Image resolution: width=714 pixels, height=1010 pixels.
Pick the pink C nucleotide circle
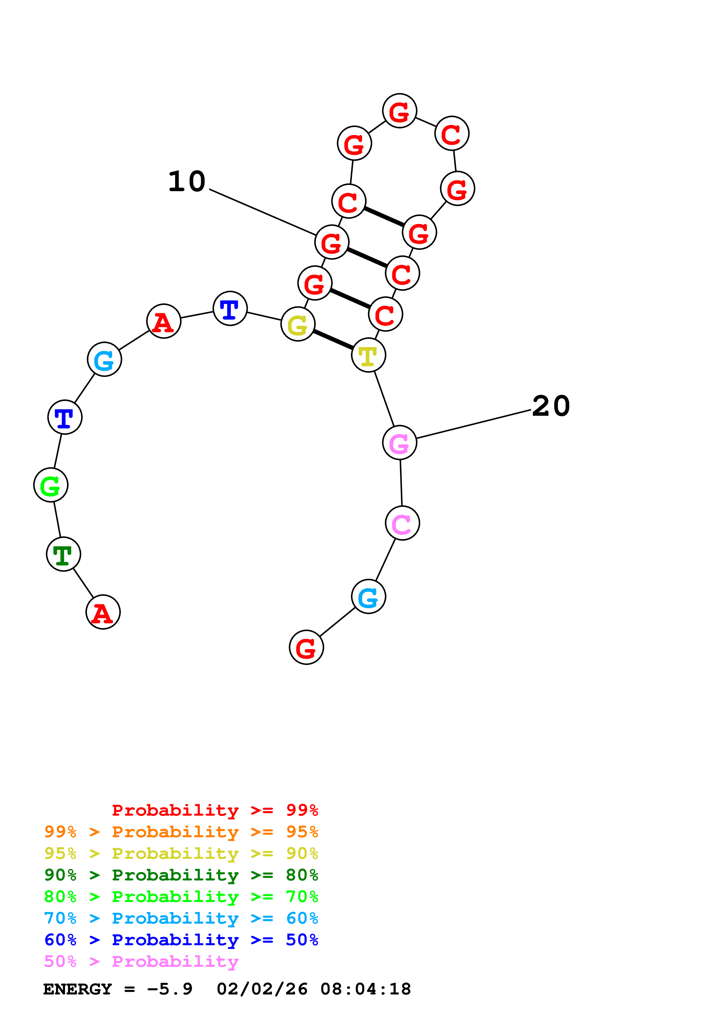(402, 523)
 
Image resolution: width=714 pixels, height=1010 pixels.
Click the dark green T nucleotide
(63, 554)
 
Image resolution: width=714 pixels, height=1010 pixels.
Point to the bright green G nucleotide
(51, 485)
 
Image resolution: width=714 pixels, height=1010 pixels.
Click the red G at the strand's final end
(306, 647)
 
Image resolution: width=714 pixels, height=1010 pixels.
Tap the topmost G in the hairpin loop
(399, 111)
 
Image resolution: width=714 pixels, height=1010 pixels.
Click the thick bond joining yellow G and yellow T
(333, 340)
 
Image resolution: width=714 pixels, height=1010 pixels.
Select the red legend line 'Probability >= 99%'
(215, 810)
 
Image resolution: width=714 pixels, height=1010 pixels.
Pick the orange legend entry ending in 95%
(181, 832)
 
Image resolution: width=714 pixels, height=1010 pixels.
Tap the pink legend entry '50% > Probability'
(141, 962)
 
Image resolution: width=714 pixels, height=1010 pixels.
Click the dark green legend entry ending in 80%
(181, 875)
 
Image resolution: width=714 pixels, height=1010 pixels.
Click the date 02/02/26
(262, 989)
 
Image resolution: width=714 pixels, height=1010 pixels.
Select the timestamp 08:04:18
(365, 989)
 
